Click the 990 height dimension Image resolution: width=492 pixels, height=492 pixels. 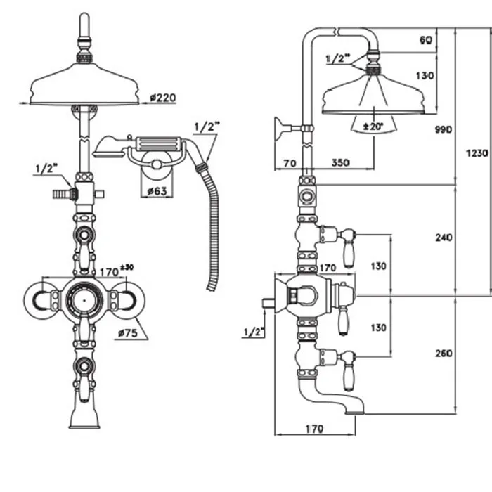coord(444,130)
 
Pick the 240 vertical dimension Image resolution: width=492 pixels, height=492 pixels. coord(444,238)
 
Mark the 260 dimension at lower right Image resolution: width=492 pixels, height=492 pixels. coord(444,354)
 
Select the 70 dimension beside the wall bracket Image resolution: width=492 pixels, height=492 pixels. coord(288,163)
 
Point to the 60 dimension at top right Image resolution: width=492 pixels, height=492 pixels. coord(425,40)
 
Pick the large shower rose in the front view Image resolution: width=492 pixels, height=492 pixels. coord(85,84)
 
